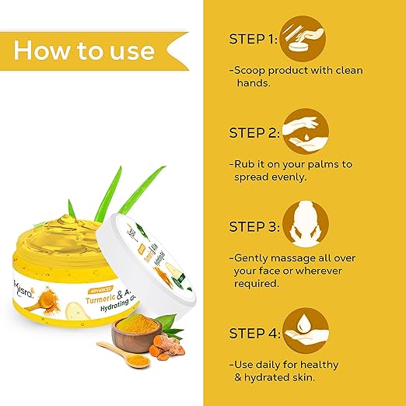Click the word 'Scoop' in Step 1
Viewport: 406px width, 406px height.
pyautogui.click(x=253, y=71)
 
